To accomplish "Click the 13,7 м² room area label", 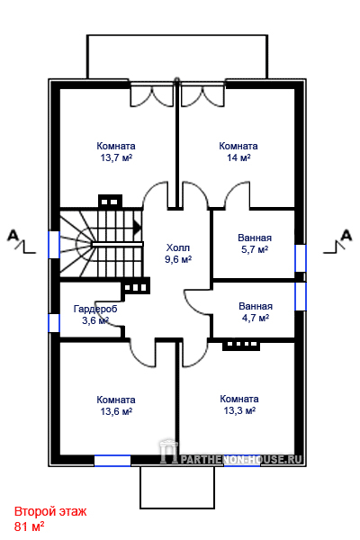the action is point(116,158).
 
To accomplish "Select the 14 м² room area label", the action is point(238,158).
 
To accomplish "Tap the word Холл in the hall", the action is point(178,247).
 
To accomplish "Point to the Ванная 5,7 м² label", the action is point(255,244).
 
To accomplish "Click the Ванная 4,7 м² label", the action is point(256,312).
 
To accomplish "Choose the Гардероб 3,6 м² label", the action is point(95,315).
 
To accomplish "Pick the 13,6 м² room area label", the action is point(116,411).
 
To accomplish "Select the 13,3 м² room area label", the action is point(239,411).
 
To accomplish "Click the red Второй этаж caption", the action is point(50,512).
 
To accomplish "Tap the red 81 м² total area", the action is point(29,526).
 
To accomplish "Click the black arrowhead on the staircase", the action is point(138,228).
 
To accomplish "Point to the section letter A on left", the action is point(13,236).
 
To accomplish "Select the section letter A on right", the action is point(346,236).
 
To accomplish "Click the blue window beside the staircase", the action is point(54,245).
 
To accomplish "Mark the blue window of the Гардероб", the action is point(54,323).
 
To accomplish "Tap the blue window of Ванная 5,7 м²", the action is point(301,258).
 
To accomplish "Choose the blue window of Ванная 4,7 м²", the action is point(301,296).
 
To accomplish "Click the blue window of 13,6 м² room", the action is point(112,461).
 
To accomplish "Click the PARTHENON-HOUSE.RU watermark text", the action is point(241,459).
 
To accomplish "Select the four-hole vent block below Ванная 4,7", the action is point(241,345).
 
